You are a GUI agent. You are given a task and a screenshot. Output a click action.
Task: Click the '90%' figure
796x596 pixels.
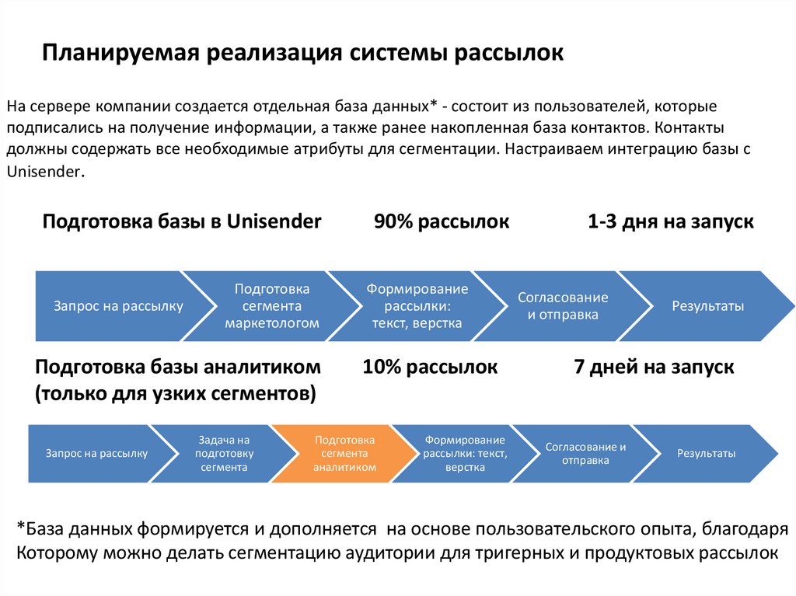tap(393, 222)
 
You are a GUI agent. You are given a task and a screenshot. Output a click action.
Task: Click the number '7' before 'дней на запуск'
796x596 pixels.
tap(578, 367)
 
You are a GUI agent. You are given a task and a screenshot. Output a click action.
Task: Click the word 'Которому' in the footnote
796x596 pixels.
tap(54, 553)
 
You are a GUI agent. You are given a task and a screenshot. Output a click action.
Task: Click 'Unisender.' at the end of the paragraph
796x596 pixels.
tap(44, 170)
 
